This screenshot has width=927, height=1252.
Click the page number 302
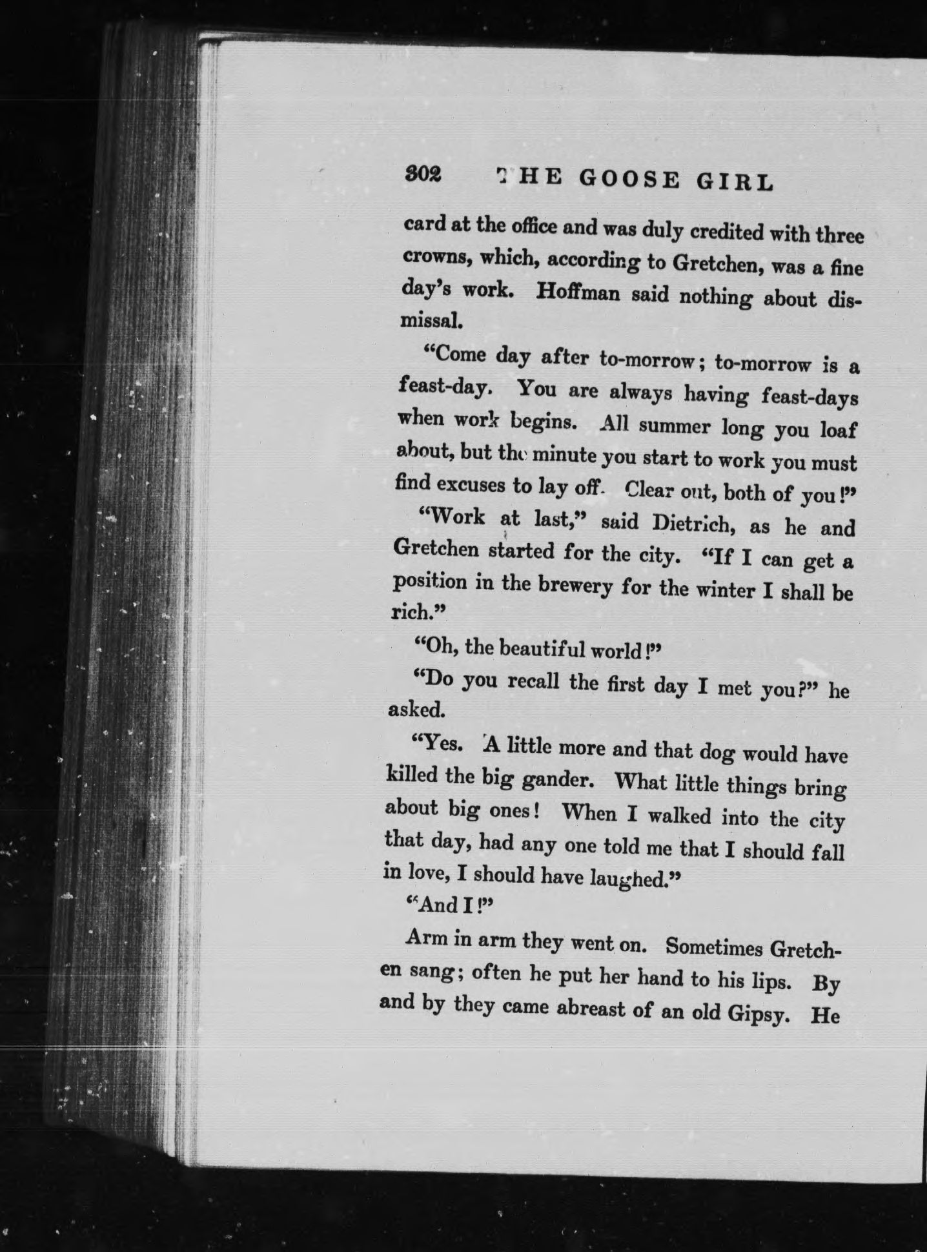(423, 174)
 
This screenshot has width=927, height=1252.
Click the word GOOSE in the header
(629, 180)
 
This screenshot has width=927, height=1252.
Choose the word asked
(416, 710)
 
